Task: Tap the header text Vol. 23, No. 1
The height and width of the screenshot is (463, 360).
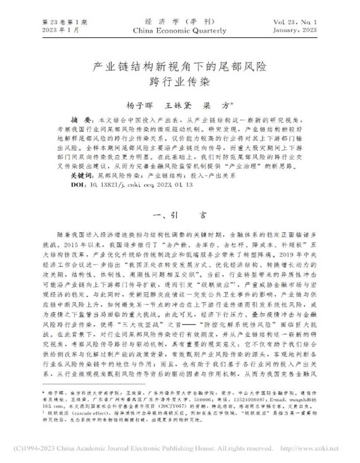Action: [295, 22]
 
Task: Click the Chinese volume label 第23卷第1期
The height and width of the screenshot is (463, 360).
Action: [65, 22]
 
